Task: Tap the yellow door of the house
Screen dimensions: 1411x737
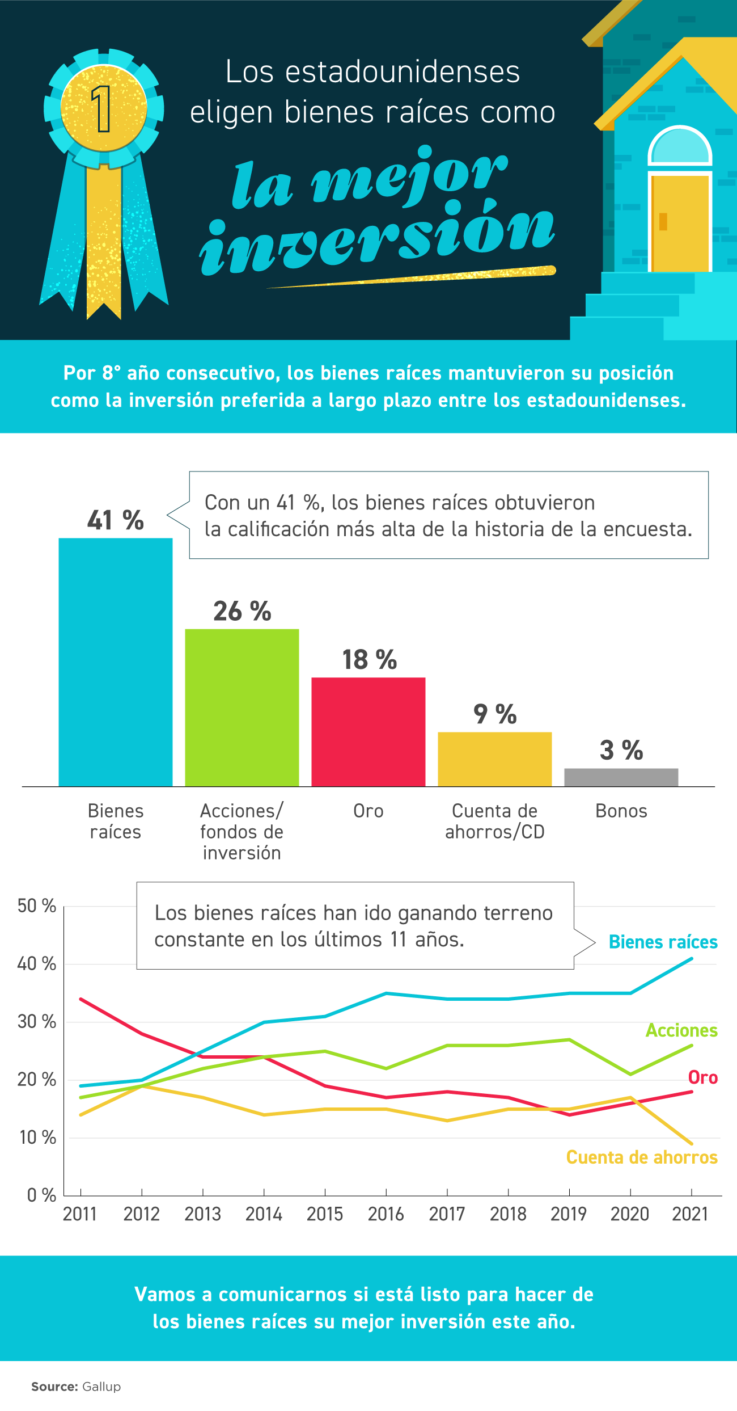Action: (x=680, y=223)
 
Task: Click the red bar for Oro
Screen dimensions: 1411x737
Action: (x=369, y=731)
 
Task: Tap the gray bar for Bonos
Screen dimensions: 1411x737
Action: (x=621, y=777)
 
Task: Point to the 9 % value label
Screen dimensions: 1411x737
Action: (x=495, y=714)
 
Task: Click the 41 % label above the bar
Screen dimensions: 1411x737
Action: (x=116, y=520)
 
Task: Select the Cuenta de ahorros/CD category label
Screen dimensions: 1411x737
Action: (x=495, y=821)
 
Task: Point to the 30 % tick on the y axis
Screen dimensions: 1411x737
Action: (x=37, y=1022)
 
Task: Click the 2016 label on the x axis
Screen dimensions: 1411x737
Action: (x=386, y=1214)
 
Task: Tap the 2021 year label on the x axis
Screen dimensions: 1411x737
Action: (x=691, y=1214)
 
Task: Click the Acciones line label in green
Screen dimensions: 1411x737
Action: (x=681, y=1030)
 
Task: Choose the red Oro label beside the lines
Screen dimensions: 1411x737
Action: (x=702, y=1077)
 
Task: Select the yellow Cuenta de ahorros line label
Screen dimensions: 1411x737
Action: (x=642, y=1157)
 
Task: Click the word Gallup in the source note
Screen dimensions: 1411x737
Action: (x=101, y=1387)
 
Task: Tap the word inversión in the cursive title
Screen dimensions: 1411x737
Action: (x=377, y=238)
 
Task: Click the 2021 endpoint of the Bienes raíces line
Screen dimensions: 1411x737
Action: (x=691, y=959)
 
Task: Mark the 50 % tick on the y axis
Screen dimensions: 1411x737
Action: (x=37, y=906)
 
